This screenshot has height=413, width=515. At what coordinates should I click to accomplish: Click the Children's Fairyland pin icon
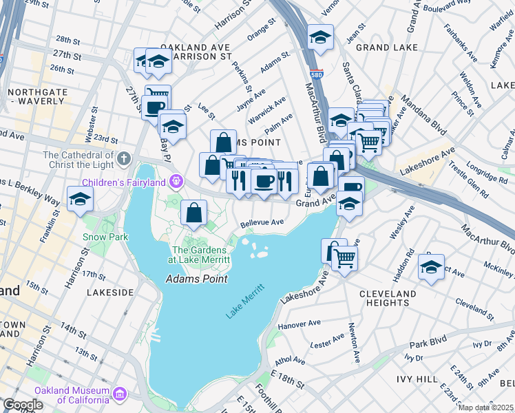click(177, 182)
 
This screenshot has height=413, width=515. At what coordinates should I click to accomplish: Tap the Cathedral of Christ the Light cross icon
click(123, 159)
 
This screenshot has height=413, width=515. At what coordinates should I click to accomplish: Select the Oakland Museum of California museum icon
click(120, 394)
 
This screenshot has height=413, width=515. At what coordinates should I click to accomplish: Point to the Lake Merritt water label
click(245, 301)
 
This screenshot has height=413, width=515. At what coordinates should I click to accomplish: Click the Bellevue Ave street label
click(262, 223)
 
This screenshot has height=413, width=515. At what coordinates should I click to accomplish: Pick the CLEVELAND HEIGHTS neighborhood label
click(388, 298)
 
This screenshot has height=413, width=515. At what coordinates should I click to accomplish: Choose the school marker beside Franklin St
click(81, 200)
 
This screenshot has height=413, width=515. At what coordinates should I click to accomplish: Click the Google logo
click(23, 405)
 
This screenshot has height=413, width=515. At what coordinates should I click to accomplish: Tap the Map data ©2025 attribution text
click(485, 407)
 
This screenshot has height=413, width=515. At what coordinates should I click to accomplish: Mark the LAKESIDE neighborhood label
click(110, 293)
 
